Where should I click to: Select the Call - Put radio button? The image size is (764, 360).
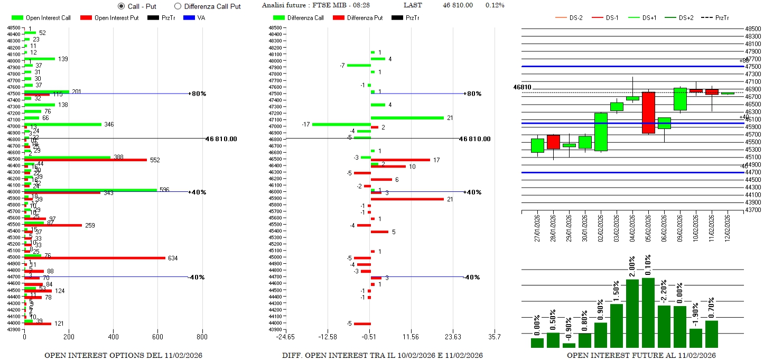pyautogui.click(x=121, y=6)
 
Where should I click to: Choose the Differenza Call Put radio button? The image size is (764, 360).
pyautogui.click(x=178, y=6)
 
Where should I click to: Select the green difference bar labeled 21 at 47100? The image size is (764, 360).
pyautogui.click(x=407, y=117)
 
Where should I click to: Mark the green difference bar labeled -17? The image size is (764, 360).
pyautogui.click(x=341, y=124)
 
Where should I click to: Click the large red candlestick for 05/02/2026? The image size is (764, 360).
pyautogui.click(x=648, y=113)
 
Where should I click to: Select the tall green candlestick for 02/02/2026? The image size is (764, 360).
pyautogui.click(x=601, y=132)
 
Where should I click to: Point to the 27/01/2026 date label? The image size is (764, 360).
pyautogui.click(x=537, y=227)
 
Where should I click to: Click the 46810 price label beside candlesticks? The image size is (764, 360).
pyautogui.click(x=523, y=87)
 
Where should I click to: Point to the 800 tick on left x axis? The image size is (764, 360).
pyautogui.click(x=202, y=336)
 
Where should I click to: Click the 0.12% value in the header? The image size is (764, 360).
pyautogui.click(x=495, y=5)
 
